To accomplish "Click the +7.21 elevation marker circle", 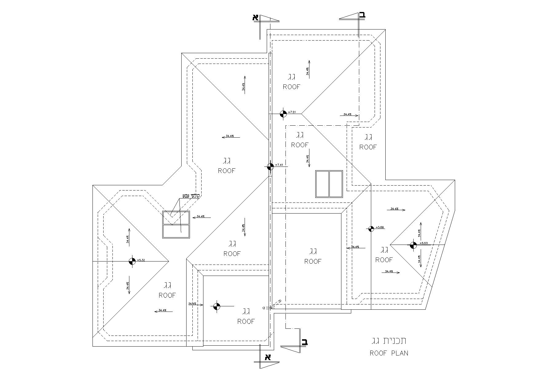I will click(283, 114).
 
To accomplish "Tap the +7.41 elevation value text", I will click(279, 165).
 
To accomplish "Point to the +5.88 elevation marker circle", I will click(371, 228).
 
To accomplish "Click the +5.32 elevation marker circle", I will click(132, 261).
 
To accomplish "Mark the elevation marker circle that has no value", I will click(217, 306).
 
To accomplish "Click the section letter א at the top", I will click(256, 17).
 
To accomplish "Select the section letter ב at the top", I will click(363, 14).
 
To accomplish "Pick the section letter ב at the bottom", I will click(304, 342).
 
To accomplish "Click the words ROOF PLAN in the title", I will click(389, 353).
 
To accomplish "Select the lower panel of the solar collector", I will click(176, 231).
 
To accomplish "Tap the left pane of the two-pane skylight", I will click(322, 184).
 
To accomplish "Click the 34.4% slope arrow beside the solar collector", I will click(202, 217).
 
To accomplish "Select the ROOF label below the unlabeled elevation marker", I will click(246, 321).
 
